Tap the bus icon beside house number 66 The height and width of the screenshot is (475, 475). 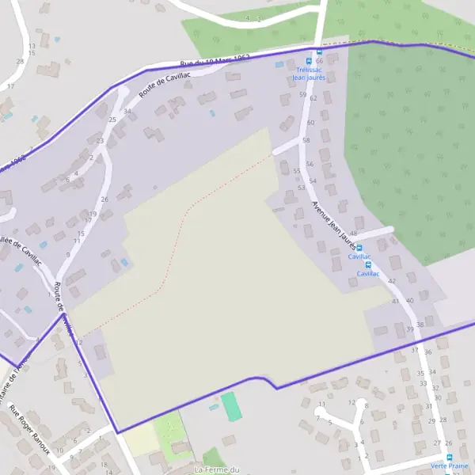[319, 51]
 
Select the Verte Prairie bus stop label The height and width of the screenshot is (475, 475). [448, 467]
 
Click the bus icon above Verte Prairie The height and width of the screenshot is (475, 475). [449, 458]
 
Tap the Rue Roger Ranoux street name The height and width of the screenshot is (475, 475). [29, 430]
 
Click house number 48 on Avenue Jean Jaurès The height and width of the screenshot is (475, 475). [353, 234]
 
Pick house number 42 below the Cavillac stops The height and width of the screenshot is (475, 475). [392, 281]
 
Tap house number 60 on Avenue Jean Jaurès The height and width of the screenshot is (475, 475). [310, 123]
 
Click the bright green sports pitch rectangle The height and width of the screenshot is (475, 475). [230, 406]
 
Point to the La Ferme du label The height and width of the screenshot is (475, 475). [217, 469]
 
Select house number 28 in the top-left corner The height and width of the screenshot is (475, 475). [20, 61]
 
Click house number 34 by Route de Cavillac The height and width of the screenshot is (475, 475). [127, 112]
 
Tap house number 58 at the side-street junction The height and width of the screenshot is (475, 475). [306, 139]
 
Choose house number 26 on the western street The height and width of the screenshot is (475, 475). [104, 199]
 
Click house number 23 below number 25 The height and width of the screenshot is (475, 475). [100, 141]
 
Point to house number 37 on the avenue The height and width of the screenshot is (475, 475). [414, 350]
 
